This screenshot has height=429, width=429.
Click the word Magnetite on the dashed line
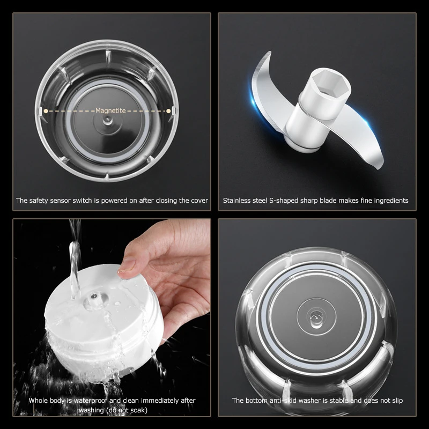(x=110, y=111)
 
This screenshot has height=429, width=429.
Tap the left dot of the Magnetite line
(x=46, y=111)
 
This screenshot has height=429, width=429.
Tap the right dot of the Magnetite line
(x=169, y=111)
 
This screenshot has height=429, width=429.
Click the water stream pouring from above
(x=75, y=252)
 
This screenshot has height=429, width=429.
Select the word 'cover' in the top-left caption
(x=198, y=201)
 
